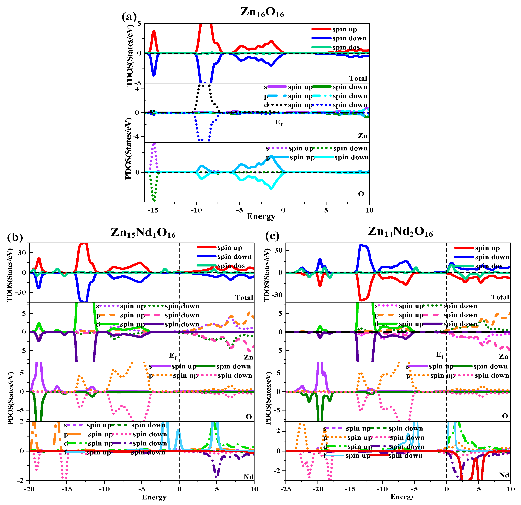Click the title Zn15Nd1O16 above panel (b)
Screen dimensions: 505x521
click(x=143, y=233)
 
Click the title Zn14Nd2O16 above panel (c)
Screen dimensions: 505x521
click(x=400, y=232)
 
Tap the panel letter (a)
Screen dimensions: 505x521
click(x=129, y=17)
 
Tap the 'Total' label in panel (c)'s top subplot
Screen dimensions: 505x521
click(x=500, y=297)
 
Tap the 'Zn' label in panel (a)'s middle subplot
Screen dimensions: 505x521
click(x=362, y=136)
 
